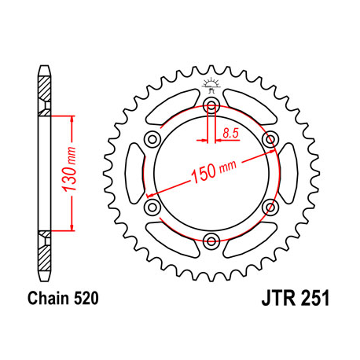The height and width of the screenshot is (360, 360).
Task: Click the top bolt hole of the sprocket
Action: (211, 107)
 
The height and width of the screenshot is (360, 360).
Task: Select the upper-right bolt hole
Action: (272, 141)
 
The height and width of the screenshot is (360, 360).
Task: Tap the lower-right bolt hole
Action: (272, 207)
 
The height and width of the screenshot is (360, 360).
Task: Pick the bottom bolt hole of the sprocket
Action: (211, 241)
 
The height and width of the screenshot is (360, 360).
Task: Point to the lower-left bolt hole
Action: (150, 207)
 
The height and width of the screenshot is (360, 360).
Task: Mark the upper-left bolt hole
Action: (150, 141)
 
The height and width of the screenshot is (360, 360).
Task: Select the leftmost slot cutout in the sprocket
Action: (134, 174)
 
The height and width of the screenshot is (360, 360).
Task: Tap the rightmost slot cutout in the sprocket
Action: (287, 174)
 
